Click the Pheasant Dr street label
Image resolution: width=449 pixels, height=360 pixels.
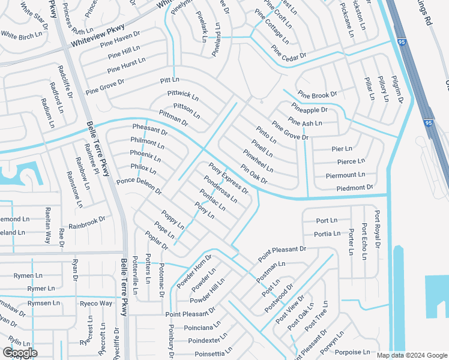pyautogui.click(x=150, y=130)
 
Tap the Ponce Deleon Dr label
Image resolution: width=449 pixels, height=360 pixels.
pyautogui.click(x=139, y=186)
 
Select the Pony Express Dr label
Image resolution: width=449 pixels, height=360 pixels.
pyautogui.click(x=228, y=178)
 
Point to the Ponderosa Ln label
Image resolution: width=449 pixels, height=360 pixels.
pyautogui.click(x=220, y=189)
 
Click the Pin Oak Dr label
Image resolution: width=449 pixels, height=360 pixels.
pyautogui.click(x=253, y=175)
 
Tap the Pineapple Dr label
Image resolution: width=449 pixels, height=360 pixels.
pyautogui.click(x=310, y=110)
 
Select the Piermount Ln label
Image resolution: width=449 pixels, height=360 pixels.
pyautogui.click(x=345, y=175)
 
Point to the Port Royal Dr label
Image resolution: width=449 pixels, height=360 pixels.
pyautogui.click(x=377, y=229)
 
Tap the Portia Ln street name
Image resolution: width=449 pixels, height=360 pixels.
pyautogui.click(x=327, y=234)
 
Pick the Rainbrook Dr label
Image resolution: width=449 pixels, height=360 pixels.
pyautogui.click(x=87, y=223)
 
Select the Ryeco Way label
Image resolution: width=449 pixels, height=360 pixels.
pyautogui.click(x=96, y=303)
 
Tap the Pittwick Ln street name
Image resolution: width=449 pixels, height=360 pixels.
pyautogui.click(x=183, y=96)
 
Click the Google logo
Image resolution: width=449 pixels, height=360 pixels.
pyautogui.click(x=20, y=353)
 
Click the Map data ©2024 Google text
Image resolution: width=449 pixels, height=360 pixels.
pyautogui.click(x=412, y=355)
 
